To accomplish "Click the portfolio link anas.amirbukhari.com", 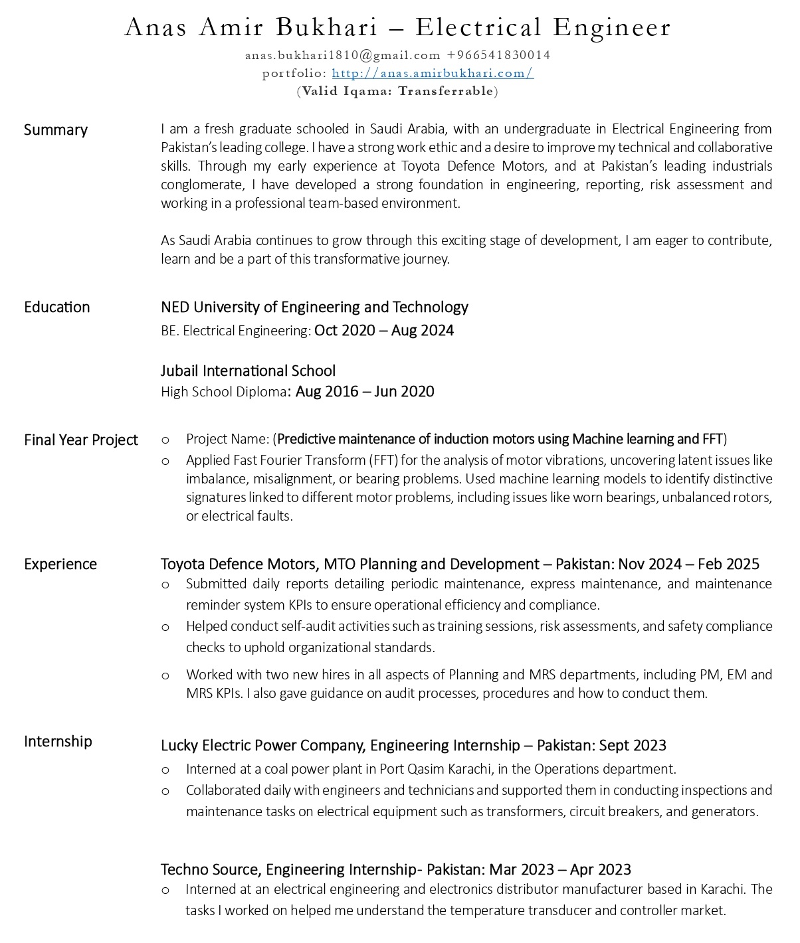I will [433, 73].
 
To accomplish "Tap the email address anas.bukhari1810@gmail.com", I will [342, 55].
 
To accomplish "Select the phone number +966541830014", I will [498, 55].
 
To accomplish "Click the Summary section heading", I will [56, 129].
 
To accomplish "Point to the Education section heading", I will [57, 307].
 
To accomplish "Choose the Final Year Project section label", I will [81, 440].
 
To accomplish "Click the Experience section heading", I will [60, 564].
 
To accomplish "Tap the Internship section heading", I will [58, 741].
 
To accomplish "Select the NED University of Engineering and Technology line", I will [314, 307].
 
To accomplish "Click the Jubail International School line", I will [248, 371].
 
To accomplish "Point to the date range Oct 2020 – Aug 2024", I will [384, 330].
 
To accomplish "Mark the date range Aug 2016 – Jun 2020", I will [365, 391].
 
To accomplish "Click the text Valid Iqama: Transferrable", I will [397, 91].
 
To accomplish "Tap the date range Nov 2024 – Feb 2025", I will [688, 564].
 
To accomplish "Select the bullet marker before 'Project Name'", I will [165, 440].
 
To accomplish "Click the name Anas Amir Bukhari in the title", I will [250, 28].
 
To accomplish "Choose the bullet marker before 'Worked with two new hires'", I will [165, 675].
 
